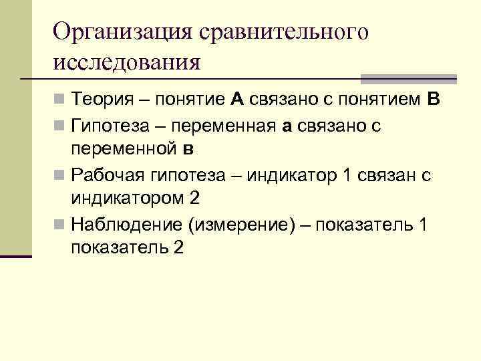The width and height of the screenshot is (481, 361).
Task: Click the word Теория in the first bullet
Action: (x=106, y=100)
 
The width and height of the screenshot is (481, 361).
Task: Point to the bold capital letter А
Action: (x=238, y=100)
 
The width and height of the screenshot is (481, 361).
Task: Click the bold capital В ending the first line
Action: (x=432, y=100)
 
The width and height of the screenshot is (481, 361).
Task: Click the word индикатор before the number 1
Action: (x=290, y=175)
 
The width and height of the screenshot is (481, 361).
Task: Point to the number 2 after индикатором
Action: (x=194, y=199)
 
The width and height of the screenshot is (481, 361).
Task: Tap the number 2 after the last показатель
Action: (x=178, y=247)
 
